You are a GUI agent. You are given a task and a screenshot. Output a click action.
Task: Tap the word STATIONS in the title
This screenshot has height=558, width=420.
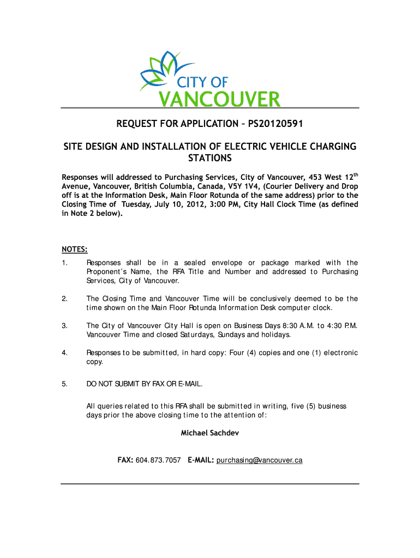210,159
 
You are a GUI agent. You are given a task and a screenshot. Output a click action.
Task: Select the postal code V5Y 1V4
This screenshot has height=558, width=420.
236,186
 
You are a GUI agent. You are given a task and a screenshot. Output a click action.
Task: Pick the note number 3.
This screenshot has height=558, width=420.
64,325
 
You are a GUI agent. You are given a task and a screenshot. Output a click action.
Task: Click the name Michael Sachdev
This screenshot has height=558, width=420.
209,433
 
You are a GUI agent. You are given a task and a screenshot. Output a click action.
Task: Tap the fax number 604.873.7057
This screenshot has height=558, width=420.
158,460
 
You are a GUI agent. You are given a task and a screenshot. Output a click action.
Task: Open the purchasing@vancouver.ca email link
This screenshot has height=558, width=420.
259,460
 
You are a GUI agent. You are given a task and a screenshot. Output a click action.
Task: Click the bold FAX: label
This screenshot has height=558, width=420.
125,460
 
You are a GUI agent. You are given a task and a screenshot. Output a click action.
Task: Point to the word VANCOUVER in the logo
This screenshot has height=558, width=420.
219,100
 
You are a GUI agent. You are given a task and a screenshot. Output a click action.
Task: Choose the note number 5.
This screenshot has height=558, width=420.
64,384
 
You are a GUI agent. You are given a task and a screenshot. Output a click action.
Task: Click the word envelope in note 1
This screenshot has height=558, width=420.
228,263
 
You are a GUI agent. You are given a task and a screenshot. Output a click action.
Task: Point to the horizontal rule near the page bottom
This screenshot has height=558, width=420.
210,483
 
